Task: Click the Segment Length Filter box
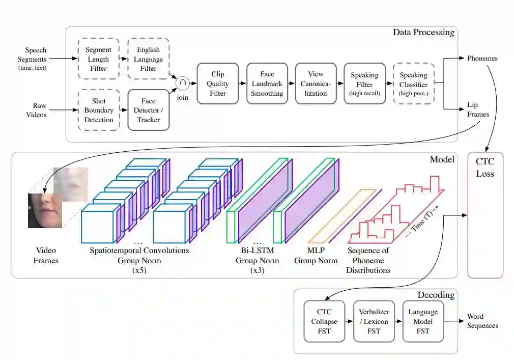[98, 59]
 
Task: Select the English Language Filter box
[148, 59]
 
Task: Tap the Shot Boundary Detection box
[98, 110]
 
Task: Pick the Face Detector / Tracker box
[148, 110]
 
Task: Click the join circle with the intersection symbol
[182, 82]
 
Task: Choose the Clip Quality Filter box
[217, 84]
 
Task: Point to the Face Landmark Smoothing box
[267, 84]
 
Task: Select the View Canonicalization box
[316, 84]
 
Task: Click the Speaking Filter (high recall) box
[364, 84]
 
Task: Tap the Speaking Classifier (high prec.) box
[413, 84]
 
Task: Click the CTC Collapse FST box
[324, 321]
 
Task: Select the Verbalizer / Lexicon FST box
[374, 321]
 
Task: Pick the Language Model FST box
[423, 321]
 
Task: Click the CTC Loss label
[484, 168]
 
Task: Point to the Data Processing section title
[423, 33]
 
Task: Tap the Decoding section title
[436, 295]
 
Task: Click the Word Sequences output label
[482, 321]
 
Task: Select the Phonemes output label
[482, 58]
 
